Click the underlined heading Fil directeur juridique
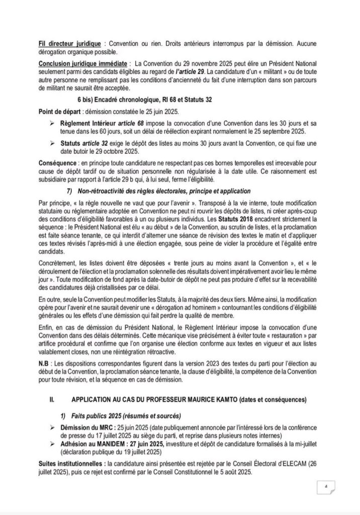tap(70, 43)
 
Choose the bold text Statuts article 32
tap(88, 144)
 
